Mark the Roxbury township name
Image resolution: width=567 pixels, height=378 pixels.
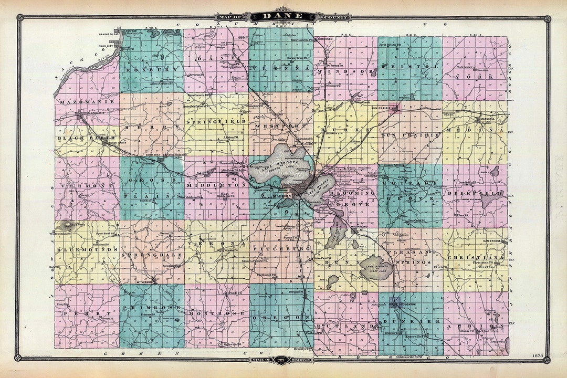pos(150,67)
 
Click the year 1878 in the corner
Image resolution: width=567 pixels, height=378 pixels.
pos(537,354)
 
